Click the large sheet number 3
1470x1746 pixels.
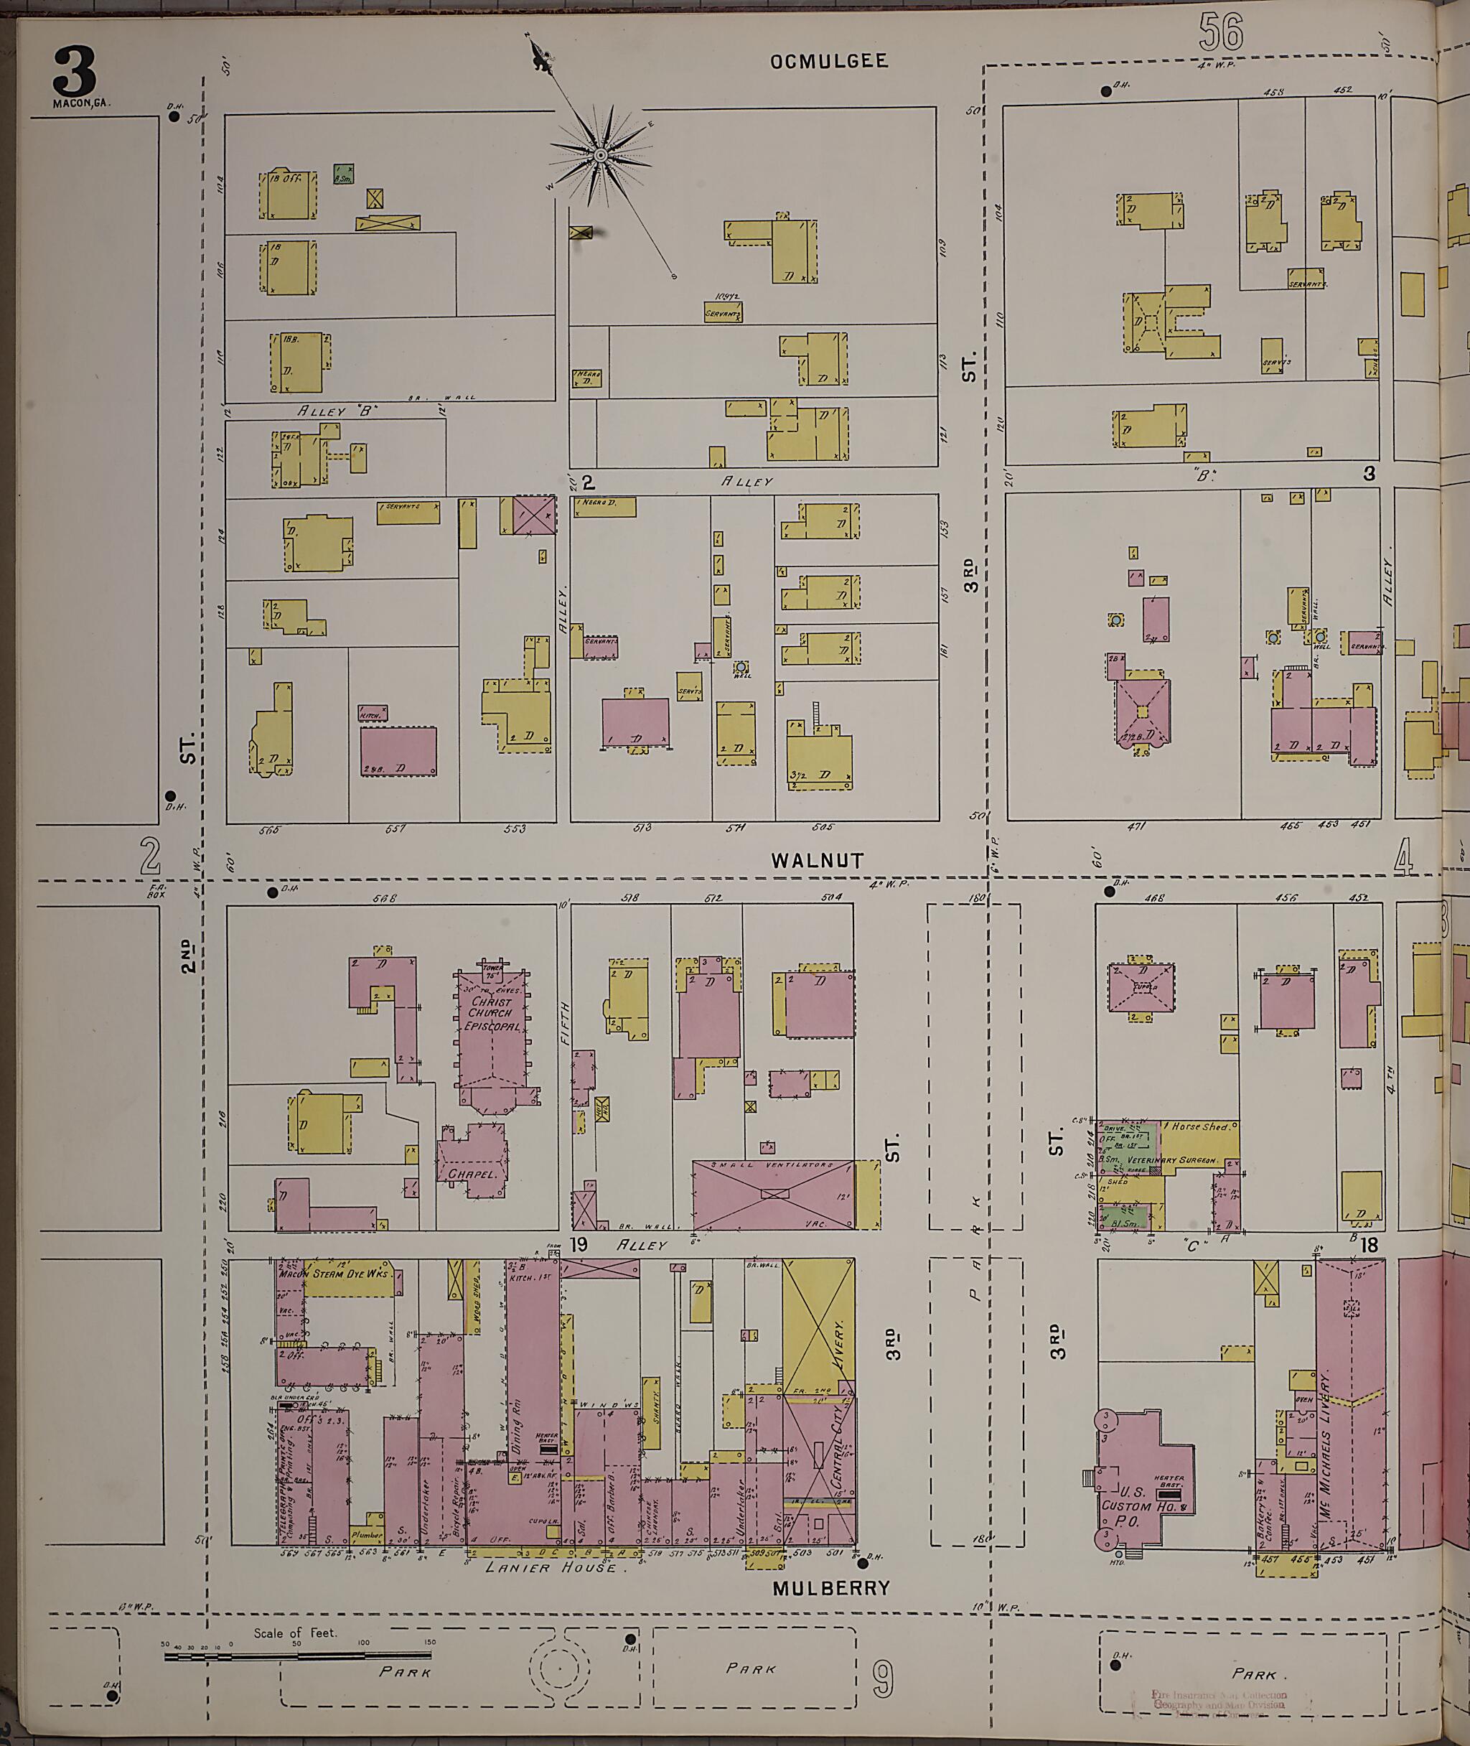(x=75, y=72)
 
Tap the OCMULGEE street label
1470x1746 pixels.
(x=828, y=61)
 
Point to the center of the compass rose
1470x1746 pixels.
(x=599, y=156)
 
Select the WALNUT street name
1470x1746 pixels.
(x=817, y=860)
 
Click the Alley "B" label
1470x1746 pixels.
(x=337, y=411)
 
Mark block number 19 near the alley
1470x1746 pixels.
(x=579, y=1245)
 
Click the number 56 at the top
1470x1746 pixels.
(x=1221, y=32)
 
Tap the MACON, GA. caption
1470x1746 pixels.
(x=81, y=103)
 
